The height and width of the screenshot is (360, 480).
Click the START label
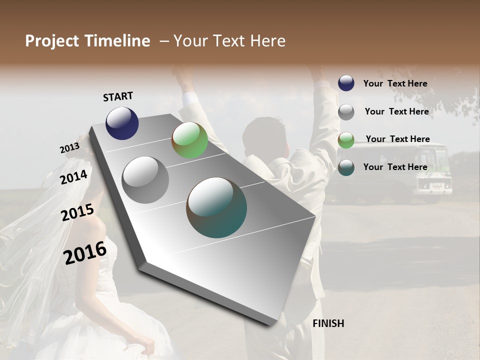tap(118, 96)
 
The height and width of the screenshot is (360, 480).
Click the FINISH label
tap(328, 323)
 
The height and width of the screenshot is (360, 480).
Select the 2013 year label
tap(69, 148)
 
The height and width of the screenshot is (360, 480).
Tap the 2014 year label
tap(74, 177)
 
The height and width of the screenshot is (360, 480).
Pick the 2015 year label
tap(77, 212)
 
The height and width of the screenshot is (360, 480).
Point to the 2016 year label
tap(85, 253)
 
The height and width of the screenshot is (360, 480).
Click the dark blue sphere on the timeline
tap(122, 123)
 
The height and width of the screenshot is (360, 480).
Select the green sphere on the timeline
tap(189, 140)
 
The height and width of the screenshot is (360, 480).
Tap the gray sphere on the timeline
tap(145, 179)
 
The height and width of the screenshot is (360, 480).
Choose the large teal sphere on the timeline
tap(216, 207)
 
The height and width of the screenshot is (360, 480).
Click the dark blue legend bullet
tap(346, 83)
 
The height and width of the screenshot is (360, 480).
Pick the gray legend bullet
tap(346, 111)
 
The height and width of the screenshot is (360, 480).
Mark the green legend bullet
tap(346, 139)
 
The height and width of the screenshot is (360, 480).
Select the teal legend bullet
tap(346, 167)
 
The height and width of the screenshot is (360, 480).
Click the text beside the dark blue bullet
tap(395, 83)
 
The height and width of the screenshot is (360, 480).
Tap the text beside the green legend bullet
tap(397, 139)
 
